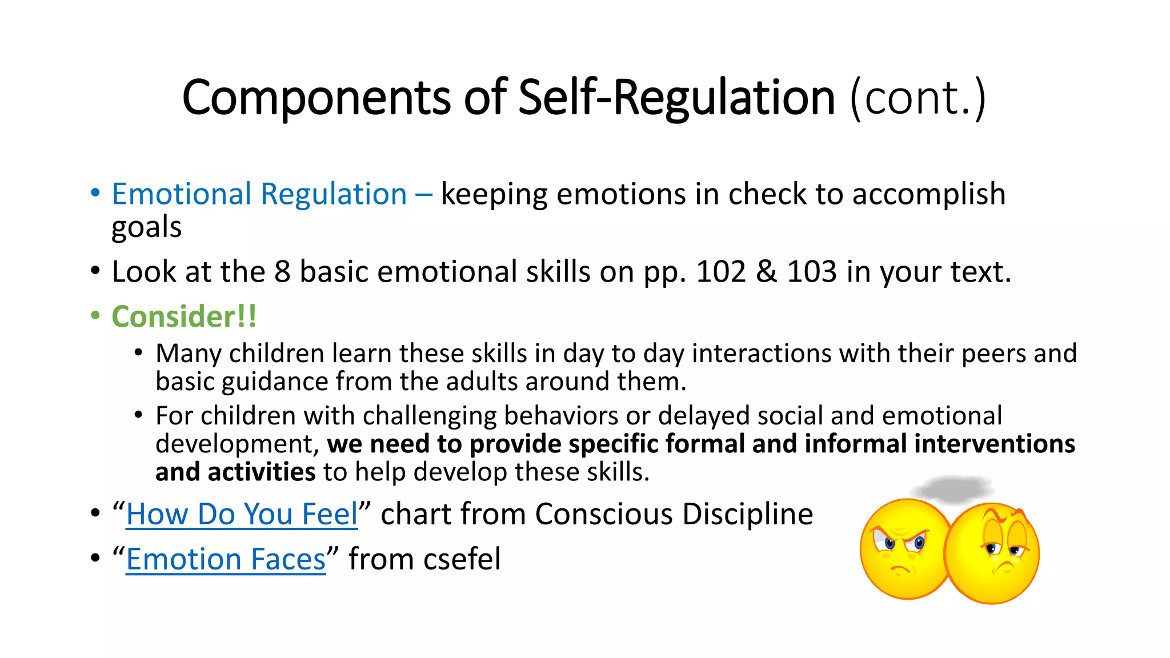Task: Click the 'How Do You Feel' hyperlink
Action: point(242,514)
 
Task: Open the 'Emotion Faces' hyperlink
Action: point(226,559)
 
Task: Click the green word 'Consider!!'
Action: point(184,317)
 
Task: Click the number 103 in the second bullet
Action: point(811,272)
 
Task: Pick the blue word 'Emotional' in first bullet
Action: point(182,194)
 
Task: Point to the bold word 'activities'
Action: point(261,472)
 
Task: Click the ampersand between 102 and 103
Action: point(766,272)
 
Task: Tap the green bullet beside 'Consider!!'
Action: point(95,316)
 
